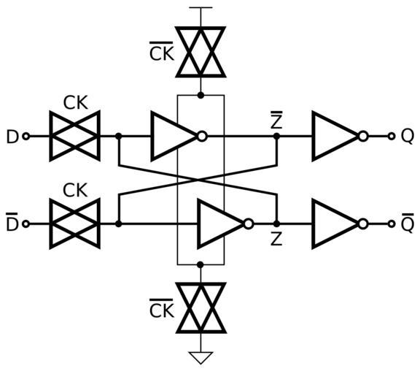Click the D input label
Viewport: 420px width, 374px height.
[12, 137]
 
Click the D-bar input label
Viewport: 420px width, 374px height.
[12, 222]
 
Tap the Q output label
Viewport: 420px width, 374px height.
[407, 137]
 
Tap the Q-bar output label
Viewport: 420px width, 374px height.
[407, 223]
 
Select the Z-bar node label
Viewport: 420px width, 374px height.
[276, 122]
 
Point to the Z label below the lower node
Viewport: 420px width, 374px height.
[276, 240]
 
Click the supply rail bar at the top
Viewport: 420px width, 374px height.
[201, 8]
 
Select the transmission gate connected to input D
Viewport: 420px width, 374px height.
[75, 137]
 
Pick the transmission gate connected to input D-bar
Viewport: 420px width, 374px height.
[75, 224]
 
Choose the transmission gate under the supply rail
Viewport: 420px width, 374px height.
[201, 52]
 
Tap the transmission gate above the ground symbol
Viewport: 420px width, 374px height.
[201, 308]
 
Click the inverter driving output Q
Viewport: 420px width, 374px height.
[340, 137]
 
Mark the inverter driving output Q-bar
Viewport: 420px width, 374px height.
[340, 224]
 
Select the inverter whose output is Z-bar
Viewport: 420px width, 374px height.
[179, 137]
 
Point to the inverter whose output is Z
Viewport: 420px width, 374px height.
[225, 224]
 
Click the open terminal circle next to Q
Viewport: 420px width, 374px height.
[392, 137]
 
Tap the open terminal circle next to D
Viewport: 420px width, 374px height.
[26, 137]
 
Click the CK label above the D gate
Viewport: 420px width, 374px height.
[76, 102]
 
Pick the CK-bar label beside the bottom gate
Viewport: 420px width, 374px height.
[162, 308]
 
